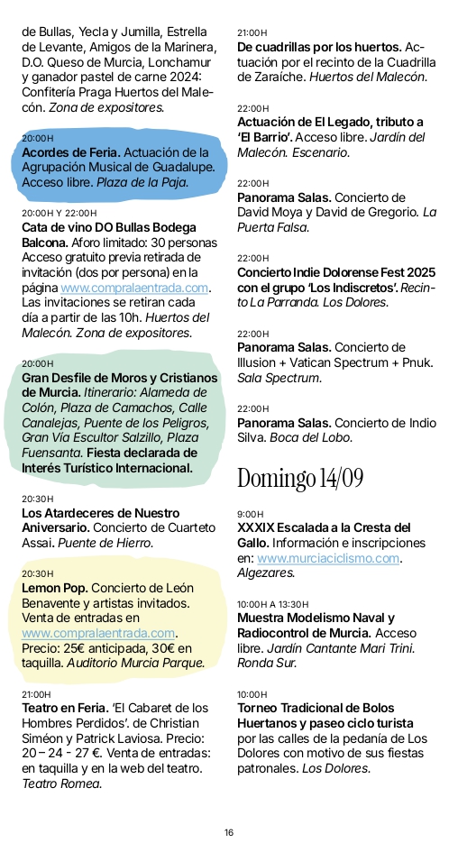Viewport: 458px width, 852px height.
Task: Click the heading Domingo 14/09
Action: [299, 478]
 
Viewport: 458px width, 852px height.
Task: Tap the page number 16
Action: [229, 832]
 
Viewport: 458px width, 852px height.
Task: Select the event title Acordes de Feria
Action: [70, 152]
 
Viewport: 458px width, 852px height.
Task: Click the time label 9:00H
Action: [250, 514]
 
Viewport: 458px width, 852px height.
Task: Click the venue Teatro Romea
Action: [61, 783]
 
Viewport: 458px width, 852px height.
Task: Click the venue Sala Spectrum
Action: [279, 377]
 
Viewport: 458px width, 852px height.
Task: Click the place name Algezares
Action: [266, 573]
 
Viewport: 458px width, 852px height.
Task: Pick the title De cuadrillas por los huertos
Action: [319, 47]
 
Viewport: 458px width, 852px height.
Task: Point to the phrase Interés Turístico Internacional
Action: [107, 468]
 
